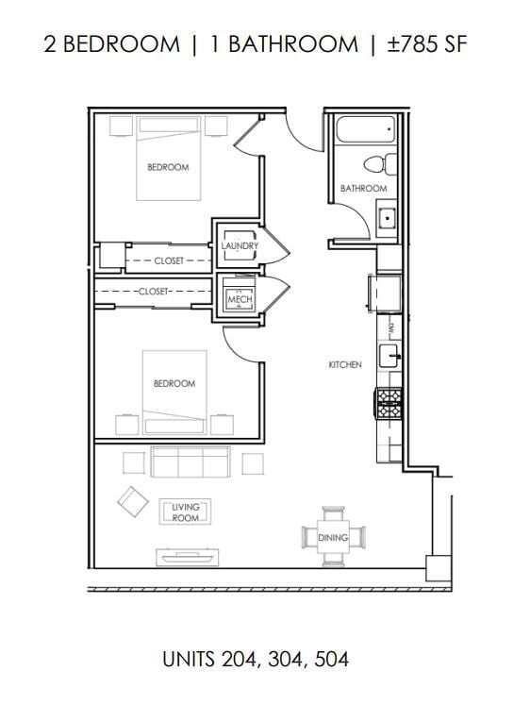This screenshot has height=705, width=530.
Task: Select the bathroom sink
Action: (x=387, y=221)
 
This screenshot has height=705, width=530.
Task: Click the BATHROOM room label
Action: (x=363, y=189)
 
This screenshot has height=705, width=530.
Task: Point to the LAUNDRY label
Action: (x=239, y=246)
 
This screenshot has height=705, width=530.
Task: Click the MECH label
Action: (x=239, y=300)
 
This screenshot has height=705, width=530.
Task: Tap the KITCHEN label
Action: (x=344, y=364)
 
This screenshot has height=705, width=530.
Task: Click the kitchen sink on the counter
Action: (x=389, y=356)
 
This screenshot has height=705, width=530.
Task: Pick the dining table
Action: (x=333, y=537)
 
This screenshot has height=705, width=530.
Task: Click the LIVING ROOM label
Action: (x=185, y=512)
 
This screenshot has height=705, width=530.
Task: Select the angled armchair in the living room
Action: (x=133, y=500)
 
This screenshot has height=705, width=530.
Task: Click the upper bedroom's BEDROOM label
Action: (x=168, y=167)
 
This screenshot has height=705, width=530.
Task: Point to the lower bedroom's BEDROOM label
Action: (x=174, y=383)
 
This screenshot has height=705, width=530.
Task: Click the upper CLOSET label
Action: (x=169, y=260)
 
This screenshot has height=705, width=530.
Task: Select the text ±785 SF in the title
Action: (x=426, y=44)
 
